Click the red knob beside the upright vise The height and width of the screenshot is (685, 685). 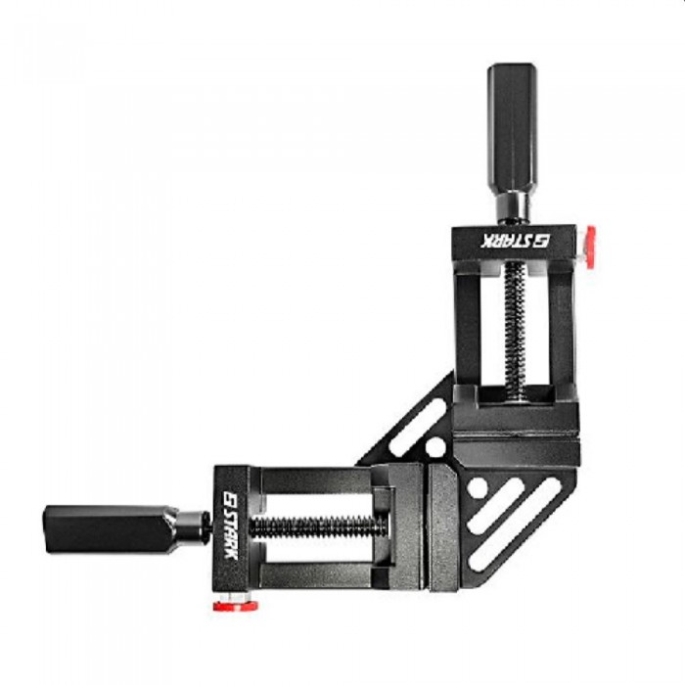589,248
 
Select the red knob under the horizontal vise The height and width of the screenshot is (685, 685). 235,606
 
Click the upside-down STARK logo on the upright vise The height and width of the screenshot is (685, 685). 516,241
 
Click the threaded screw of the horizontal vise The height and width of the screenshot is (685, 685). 318,526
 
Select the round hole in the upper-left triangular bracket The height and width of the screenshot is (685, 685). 435,447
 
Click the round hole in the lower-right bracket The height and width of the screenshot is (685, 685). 478,486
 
